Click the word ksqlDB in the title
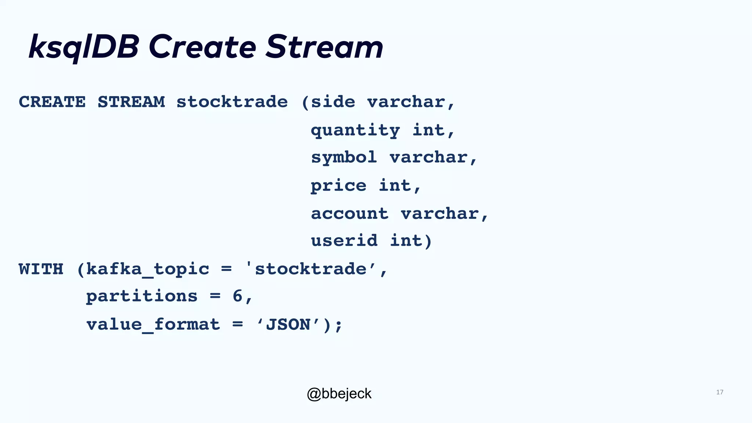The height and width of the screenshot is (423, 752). pos(84,47)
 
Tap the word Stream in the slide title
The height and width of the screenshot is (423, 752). pos(324,47)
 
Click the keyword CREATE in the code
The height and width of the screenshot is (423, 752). pos(52,102)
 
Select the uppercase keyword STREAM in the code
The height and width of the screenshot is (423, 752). pos(131,102)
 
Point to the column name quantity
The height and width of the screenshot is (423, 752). pos(355,130)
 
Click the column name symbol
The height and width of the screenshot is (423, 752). pos(344,158)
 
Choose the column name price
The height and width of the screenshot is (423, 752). pos(338,186)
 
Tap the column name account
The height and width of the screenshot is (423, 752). pos(349,213)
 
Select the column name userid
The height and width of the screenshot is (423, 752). pos(344,241)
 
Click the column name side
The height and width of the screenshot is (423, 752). pos(333,102)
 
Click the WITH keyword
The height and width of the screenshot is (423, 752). pos(41,269)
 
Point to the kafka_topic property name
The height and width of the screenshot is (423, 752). pos(148,269)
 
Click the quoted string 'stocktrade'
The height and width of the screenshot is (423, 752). pos(311,269)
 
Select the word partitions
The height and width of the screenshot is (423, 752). pos(142,296)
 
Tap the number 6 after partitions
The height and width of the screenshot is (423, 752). pos(238,296)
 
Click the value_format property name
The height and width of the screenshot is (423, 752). pos(153,325)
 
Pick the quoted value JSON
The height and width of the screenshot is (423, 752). pos(288,325)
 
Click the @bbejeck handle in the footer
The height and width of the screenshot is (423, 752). pos(339,394)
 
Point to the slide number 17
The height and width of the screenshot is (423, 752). pos(719,392)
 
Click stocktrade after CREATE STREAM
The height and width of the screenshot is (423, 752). pos(232,102)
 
